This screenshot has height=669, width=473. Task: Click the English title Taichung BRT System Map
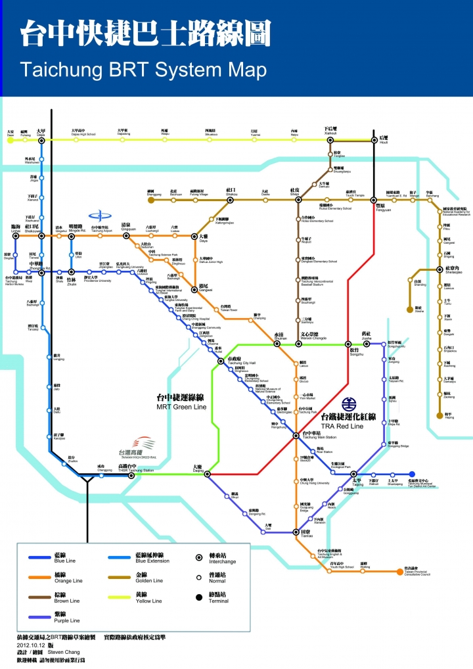point(143,70)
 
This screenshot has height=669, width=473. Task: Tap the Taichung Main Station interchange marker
point(296,435)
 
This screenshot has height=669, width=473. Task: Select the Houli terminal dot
point(374,139)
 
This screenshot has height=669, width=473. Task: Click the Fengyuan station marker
point(373,200)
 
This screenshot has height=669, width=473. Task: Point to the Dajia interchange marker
point(41,139)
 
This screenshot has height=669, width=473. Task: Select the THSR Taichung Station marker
point(131,475)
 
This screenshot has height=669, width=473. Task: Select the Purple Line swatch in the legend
point(39,617)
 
